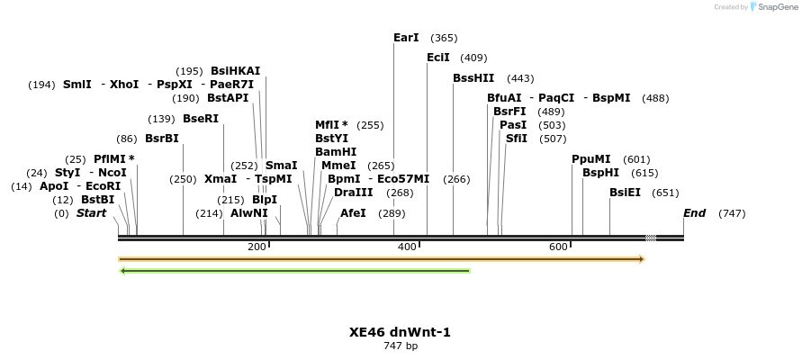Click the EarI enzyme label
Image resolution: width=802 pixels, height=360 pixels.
tap(406, 38)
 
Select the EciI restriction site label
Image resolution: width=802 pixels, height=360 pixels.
tap(438, 58)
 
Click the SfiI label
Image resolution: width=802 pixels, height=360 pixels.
tap(517, 139)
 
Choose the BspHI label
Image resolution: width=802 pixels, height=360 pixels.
tap(600, 172)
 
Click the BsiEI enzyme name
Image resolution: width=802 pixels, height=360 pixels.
tap(625, 192)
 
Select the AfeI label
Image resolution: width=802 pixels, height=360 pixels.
tap(353, 213)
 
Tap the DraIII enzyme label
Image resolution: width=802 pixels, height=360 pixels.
tap(353, 192)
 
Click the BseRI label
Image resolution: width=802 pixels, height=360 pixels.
tap(201, 118)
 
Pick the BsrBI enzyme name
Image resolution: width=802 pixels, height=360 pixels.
tap(162, 139)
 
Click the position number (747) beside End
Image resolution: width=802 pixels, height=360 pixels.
tap(732, 213)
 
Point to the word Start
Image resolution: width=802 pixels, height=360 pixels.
tap(91, 213)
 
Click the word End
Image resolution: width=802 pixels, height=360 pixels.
tap(694, 213)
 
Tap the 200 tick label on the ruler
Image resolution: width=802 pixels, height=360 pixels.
tap(257, 247)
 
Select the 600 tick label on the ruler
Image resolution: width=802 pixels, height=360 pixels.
tap(557, 247)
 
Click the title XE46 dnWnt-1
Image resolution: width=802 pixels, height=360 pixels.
tap(400, 332)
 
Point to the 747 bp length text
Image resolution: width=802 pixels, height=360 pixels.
tap(401, 346)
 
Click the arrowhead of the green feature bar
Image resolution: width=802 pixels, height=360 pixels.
tap(122, 270)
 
